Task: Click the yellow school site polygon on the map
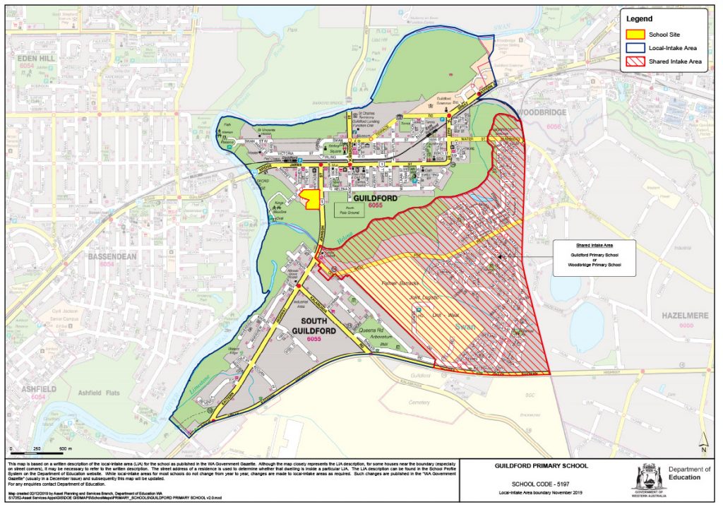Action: [309, 199]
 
